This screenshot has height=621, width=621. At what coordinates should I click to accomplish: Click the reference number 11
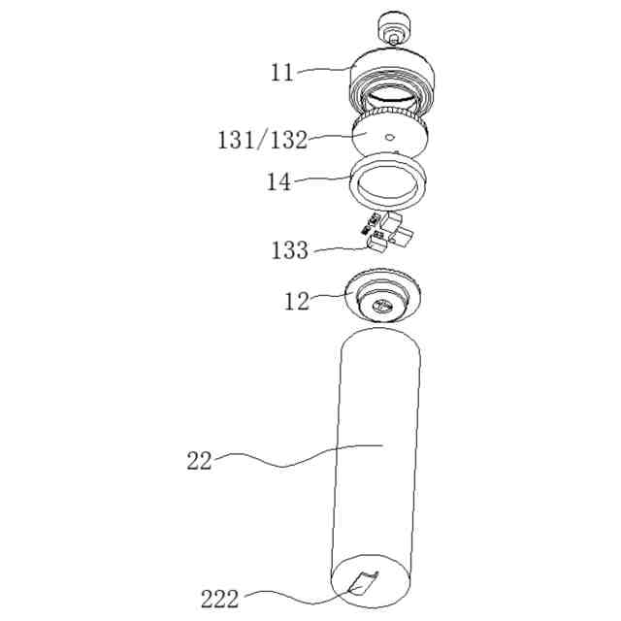(282, 74)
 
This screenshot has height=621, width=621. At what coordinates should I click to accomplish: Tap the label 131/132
(263, 140)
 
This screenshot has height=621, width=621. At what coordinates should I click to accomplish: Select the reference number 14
(278, 182)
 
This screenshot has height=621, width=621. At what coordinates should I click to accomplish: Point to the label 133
(289, 250)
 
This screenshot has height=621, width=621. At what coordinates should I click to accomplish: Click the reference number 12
(297, 302)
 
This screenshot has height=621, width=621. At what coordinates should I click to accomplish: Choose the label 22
(199, 462)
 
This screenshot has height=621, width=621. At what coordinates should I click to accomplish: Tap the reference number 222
(220, 600)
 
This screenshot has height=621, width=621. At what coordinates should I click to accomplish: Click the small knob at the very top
(394, 28)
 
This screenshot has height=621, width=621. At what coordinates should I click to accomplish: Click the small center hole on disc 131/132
(390, 137)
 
